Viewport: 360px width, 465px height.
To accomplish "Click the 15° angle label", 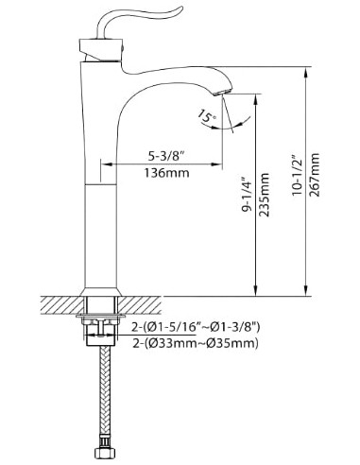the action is (207, 116).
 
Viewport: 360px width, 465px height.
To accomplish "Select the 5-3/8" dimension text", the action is (166, 156).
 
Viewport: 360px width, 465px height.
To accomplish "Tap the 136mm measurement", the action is (167, 173).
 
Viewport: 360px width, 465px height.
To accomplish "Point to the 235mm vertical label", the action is (264, 195).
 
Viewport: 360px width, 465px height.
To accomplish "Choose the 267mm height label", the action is (314, 175).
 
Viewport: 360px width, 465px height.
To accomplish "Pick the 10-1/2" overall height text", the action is (297, 176).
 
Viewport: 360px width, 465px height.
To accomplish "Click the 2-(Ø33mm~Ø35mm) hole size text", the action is (196, 343).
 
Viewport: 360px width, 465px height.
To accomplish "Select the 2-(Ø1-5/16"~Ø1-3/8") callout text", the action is (196, 328).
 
